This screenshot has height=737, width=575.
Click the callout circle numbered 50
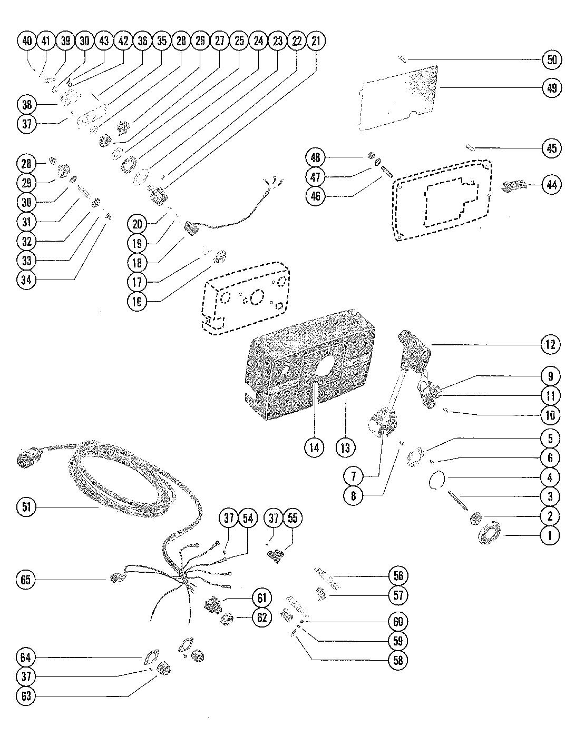[552, 59]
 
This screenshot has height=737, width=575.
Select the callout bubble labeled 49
[552, 88]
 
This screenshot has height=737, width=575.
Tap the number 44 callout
[552, 185]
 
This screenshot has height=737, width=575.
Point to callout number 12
[550, 345]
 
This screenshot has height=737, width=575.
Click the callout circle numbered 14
[314, 447]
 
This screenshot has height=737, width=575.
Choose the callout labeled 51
[26, 507]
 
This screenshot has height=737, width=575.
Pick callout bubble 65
[26, 579]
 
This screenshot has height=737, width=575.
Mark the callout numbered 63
[26, 695]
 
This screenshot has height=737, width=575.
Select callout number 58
[398, 660]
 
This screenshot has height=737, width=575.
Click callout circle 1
[550, 535]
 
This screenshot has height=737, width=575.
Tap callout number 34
[26, 280]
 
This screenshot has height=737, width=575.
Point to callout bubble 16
[137, 301]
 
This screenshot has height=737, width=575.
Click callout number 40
[27, 41]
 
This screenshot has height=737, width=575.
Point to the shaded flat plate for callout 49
[399, 98]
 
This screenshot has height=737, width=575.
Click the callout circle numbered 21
[316, 41]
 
